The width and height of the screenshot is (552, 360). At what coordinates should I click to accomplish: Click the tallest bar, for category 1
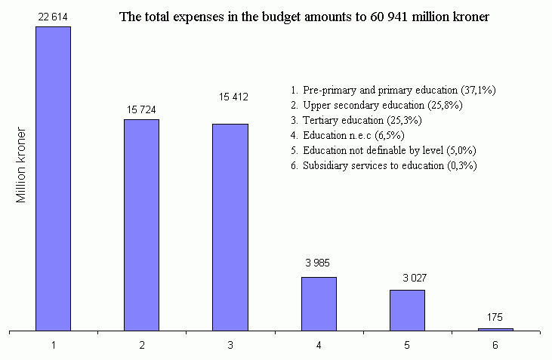[54, 178]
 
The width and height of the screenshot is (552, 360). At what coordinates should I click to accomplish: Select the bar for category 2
[142, 225]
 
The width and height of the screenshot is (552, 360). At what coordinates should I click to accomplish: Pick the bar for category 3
[230, 227]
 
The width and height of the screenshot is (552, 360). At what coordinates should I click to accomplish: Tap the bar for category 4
[319, 303]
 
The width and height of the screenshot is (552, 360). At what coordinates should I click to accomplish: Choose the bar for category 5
[407, 310]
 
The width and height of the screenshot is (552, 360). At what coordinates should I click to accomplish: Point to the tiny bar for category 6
[495, 329]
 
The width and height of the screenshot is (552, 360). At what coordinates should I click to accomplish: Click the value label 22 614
[54, 15]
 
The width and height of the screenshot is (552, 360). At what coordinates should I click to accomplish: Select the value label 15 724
[142, 109]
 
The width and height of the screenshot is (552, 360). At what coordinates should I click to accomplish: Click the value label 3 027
[407, 277]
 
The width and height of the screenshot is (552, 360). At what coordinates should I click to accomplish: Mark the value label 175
[495, 317]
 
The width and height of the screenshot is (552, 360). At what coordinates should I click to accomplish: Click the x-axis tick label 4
[319, 345]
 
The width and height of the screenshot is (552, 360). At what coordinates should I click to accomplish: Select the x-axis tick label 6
[495, 345]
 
